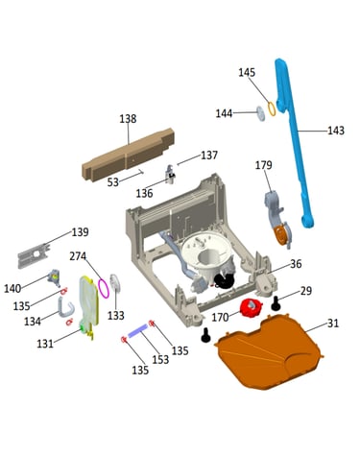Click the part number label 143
(336, 131)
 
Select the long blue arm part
(296, 141)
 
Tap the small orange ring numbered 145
(272, 108)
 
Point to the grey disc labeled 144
(261, 113)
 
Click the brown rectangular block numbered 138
(128, 156)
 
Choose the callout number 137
(209, 156)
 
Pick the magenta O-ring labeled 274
(104, 288)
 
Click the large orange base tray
(269, 352)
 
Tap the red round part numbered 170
(252, 307)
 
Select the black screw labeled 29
(276, 303)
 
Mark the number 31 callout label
(333, 324)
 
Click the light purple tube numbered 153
(138, 330)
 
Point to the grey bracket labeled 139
(35, 256)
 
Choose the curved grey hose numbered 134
(65, 307)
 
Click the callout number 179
(264, 165)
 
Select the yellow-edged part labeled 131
(88, 307)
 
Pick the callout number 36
(296, 264)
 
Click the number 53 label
(113, 182)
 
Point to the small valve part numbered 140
(54, 277)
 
